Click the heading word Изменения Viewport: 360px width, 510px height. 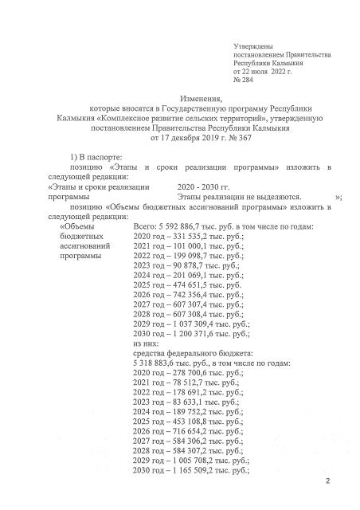(182, 97)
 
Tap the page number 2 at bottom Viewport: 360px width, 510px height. (328, 482)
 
